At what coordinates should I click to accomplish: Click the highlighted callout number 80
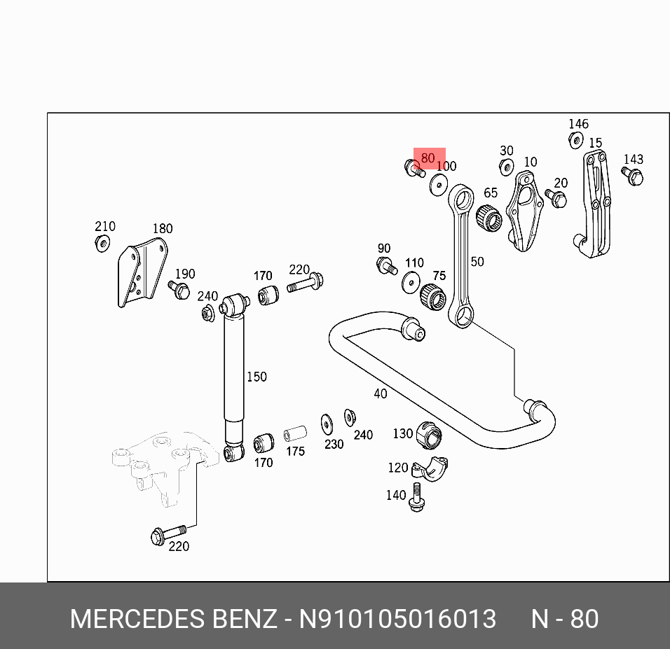pyautogui.click(x=428, y=158)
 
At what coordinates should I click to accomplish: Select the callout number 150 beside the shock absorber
pyautogui.click(x=257, y=377)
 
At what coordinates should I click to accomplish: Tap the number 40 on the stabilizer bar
pyautogui.click(x=380, y=393)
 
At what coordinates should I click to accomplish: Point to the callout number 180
pyautogui.click(x=162, y=228)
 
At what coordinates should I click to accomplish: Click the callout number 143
pyautogui.click(x=633, y=160)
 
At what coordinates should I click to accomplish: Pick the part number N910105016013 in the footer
pyautogui.click(x=398, y=619)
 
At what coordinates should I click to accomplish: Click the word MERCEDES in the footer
pyautogui.click(x=135, y=619)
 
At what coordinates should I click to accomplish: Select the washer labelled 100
pyautogui.click(x=439, y=184)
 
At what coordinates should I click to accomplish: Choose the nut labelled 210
pyautogui.click(x=102, y=244)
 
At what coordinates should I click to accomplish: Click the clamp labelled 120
pyautogui.click(x=430, y=468)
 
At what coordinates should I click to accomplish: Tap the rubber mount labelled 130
pyautogui.click(x=429, y=435)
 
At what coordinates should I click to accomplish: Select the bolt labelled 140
pyautogui.click(x=416, y=497)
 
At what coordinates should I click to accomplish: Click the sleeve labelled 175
pyautogui.click(x=295, y=433)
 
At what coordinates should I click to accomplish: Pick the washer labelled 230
pyautogui.click(x=327, y=424)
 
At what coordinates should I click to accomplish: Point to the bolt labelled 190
pyautogui.click(x=179, y=289)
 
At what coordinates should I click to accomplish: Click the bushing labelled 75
pyautogui.click(x=433, y=298)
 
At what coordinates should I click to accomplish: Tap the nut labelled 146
pyautogui.click(x=575, y=140)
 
